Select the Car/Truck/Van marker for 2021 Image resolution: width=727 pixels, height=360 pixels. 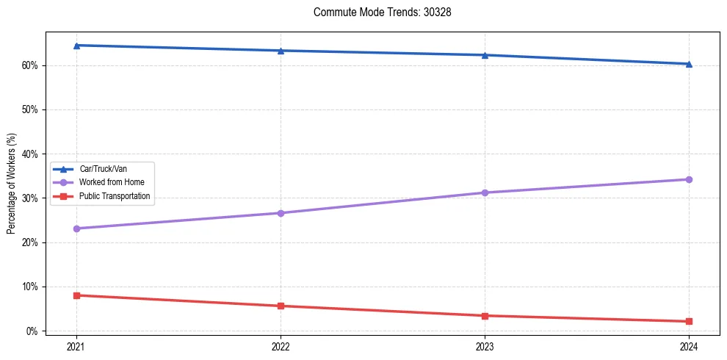[76, 46]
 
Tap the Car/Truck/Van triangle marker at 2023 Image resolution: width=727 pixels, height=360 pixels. [485, 55]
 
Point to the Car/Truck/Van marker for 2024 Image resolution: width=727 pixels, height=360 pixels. [689, 64]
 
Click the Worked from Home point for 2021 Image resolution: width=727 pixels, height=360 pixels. [76, 228]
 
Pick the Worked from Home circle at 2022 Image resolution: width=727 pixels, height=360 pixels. [281, 213]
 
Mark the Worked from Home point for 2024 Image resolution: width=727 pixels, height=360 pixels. [689, 179]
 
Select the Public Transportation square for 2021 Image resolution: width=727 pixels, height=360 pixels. [76, 295]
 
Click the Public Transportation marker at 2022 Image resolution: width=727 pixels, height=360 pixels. [281, 306]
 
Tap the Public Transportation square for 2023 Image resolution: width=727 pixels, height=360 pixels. [485, 316]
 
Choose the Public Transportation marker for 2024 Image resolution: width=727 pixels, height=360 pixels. [689, 321]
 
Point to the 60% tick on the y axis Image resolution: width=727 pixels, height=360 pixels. [29, 65]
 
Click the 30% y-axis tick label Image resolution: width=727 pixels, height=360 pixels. [29, 198]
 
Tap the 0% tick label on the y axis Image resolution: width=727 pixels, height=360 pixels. [32, 331]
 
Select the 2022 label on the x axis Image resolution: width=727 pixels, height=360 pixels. [281, 345]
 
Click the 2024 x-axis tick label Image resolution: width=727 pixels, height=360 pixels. [689, 345]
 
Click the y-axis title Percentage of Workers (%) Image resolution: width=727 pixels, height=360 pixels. [11, 184]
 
